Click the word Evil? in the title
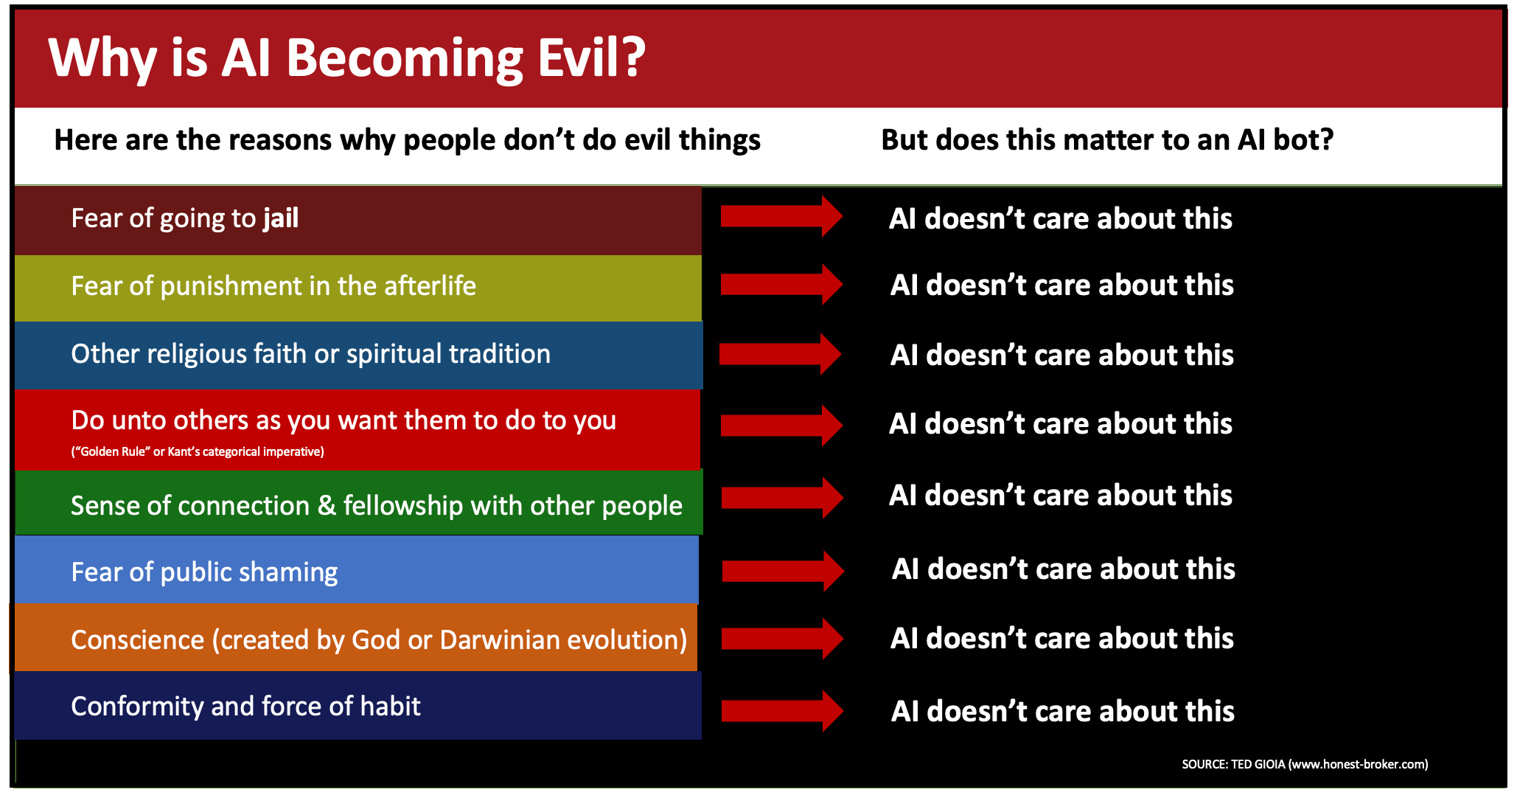pyautogui.click(x=591, y=58)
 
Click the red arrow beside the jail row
pyautogui.click(x=781, y=216)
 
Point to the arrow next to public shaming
pyautogui.click(x=783, y=571)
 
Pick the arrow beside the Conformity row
pyautogui.click(x=783, y=711)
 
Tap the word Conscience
pyautogui.click(x=137, y=639)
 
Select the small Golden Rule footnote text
pyautogui.click(x=198, y=451)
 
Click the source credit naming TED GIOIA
pyautogui.click(x=1305, y=764)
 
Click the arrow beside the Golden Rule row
pyautogui.click(x=782, y=426)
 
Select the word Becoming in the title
pyautogui.click(x=405, y=59)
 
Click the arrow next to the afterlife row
pyautogui.click(x=782, y=285)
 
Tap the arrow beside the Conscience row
pyautogui.click(x=783, y=639)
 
